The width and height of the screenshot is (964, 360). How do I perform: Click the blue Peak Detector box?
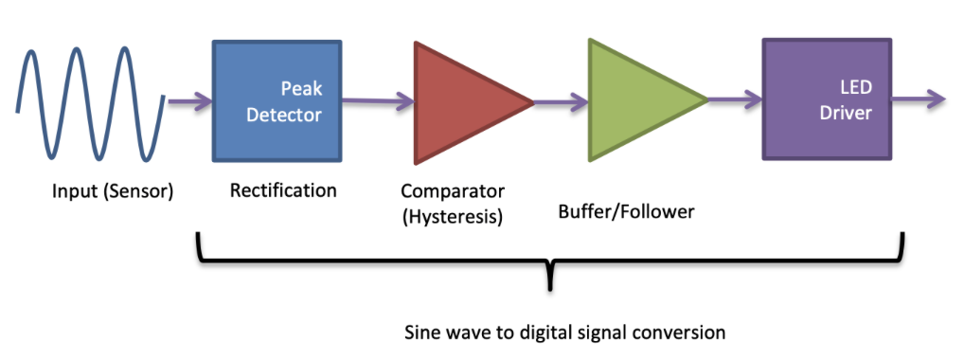(277, 101)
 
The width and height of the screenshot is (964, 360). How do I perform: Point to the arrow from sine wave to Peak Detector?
(189, 100)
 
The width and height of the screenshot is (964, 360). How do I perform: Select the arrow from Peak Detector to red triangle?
(377, 100)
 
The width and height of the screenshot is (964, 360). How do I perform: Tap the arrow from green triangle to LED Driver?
(736, 99)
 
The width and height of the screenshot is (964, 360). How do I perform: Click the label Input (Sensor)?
(112, 193)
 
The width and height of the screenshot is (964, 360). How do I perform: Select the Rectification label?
(283, 190)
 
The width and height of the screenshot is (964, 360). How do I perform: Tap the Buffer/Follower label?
(626, 211)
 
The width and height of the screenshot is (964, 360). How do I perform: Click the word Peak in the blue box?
(301, 88)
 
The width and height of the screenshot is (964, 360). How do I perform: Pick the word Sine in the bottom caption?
(422, 333)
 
